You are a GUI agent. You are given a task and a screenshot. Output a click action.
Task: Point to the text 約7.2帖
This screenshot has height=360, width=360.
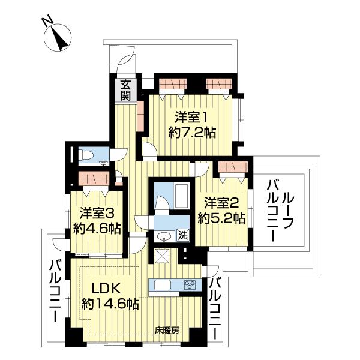pyautogui.click(x=193, y=133)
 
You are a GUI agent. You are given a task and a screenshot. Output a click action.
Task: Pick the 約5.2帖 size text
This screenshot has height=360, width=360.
pyautogui.click(x=223, y=218)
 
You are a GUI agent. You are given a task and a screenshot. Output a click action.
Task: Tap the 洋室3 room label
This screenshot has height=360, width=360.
pyautogui.click(x=94, y=212)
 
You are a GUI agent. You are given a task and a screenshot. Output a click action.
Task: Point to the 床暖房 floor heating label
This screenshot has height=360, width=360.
pyautogui.click(x=166, y=329)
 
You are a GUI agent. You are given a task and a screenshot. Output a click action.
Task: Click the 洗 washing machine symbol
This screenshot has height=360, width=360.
pyautogui.click(x=182, y=236)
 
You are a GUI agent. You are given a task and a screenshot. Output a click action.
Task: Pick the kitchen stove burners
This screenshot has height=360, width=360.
pyautogui.click(x=190, y=285)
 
